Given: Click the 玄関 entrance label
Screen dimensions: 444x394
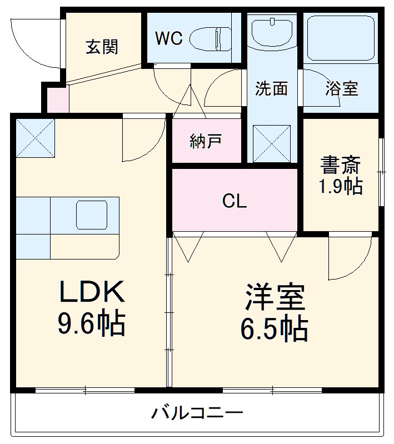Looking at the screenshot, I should click(102, 47).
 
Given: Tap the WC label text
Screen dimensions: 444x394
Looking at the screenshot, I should click(168, 38).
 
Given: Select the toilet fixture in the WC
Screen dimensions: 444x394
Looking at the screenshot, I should click(211, 38).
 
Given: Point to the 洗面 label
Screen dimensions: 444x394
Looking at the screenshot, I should click(272, 88).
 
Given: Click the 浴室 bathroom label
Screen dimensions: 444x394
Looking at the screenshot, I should click(341, 88).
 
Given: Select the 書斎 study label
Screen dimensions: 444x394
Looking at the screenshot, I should click(340, 165).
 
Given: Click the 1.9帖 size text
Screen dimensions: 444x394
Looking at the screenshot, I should click(340, 186).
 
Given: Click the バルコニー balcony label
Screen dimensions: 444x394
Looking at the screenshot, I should click(198, 413).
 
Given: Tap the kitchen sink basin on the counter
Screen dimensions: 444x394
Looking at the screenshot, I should click(91, 215).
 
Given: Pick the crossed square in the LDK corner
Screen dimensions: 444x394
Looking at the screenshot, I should click(36, 137).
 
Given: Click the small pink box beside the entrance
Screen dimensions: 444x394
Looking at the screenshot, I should click(56, 99).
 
